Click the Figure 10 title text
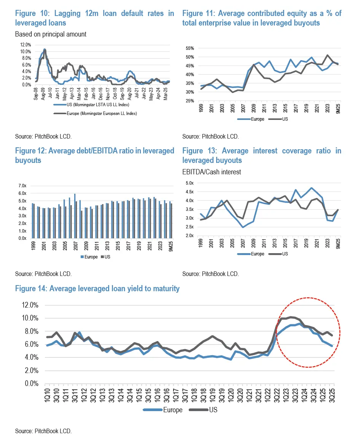tap(94, 18)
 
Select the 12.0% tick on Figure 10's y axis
tap(25, 45)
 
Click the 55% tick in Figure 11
tap(190, 48)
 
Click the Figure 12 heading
tap(94, 155)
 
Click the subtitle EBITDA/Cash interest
tap(211, 172)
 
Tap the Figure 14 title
tap(97, 289)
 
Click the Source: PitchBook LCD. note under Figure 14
tap(43, 431)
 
